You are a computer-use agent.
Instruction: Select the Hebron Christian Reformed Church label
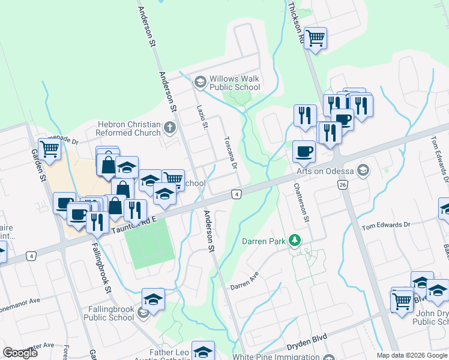[129, 128]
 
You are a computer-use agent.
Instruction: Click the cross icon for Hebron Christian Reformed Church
[170, 127]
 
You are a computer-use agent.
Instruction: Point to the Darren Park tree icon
[294, 241]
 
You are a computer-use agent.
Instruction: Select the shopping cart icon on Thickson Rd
[315, 38]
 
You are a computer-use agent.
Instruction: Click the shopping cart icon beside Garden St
[49, 149]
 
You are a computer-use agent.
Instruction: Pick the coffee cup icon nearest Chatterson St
[304, 151]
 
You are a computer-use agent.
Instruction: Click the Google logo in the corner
[20, 352]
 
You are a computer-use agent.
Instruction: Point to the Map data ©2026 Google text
[411, 355]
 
